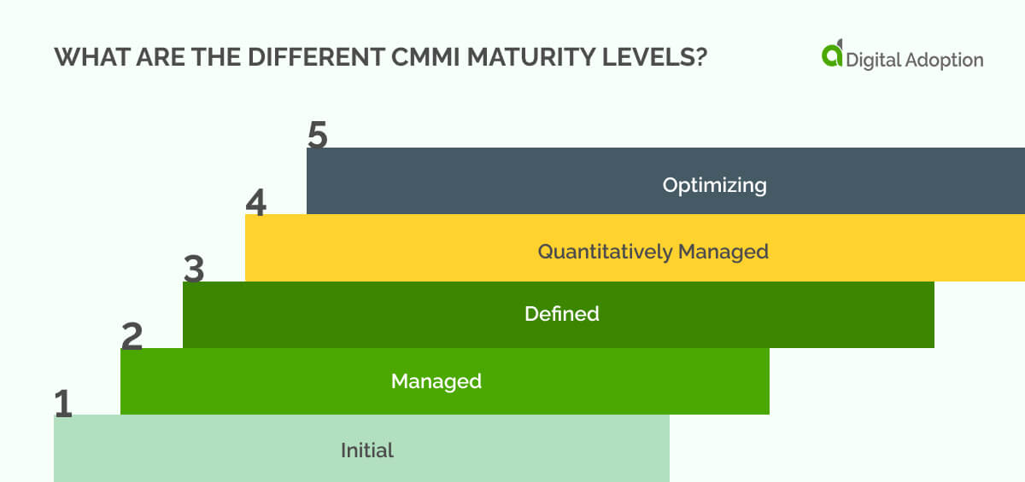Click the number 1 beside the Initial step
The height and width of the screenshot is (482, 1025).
[63, 404]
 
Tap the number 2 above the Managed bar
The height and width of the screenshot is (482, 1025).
[132, 338]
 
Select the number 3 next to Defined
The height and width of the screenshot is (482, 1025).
[194, 270]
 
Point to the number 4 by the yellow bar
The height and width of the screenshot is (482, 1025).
[256, 204]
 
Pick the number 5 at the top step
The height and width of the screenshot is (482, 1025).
[318, 136]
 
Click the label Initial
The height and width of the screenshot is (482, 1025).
[367, 450]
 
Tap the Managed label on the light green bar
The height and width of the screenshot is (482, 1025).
[436, 381]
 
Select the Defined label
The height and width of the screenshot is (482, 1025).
[561, 314]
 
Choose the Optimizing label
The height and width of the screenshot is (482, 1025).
[714, 185]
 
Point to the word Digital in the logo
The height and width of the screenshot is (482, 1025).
[872, 60]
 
